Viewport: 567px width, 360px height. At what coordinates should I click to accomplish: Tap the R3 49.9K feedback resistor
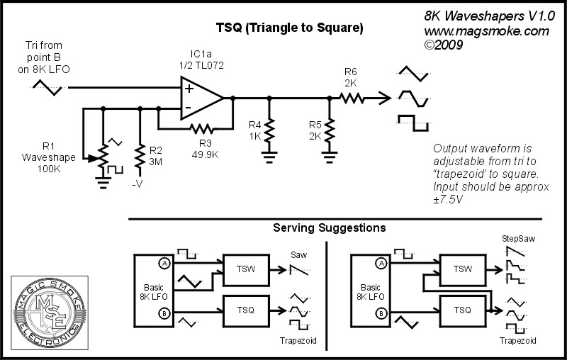coord(201,128)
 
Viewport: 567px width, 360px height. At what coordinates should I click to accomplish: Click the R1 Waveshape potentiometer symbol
coord(103,156)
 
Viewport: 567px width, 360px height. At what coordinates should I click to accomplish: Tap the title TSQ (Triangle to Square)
coord(289,29)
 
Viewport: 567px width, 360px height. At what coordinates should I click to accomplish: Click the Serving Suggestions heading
coord(330,228)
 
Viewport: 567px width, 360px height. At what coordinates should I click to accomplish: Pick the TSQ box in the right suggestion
coord(462,309)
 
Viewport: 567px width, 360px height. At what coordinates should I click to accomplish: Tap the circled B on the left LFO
coord(164,313)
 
